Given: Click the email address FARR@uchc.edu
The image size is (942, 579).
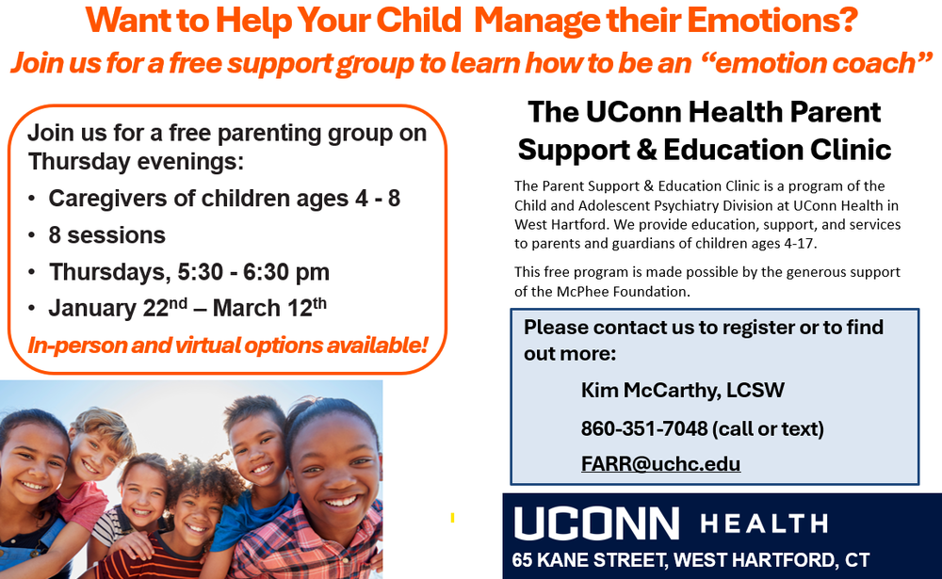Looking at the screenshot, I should point(660,464).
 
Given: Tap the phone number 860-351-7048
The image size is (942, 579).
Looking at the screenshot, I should point(644,429).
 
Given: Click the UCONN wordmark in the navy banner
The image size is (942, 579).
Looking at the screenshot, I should point(595,523).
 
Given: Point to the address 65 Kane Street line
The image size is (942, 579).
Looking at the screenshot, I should point(690,560).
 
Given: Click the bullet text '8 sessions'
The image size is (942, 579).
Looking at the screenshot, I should point(106,235).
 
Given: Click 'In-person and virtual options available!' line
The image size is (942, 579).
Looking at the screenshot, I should point(227,346).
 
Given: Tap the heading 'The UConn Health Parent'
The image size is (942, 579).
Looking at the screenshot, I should point(704,112).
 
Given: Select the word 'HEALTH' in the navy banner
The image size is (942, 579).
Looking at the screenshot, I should point(764,523).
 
